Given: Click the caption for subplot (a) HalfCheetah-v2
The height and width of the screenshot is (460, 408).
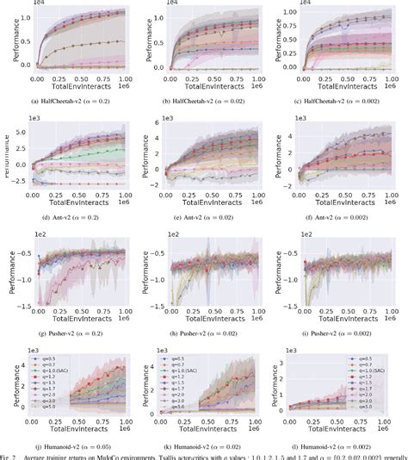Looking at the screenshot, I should (73, 103).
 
